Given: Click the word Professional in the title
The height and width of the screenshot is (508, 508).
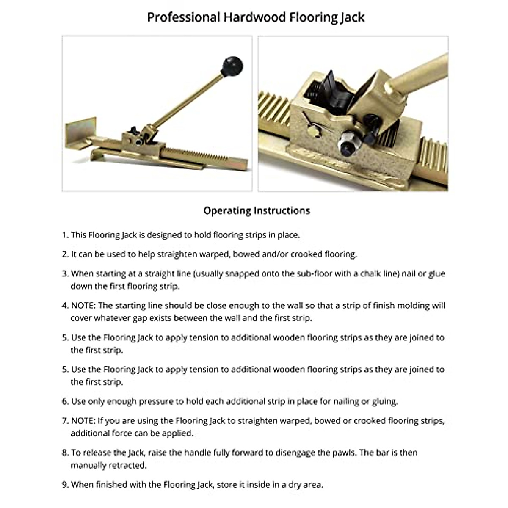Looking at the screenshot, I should click(x=183, y=17).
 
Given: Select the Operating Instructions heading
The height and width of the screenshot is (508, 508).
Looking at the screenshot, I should click(x=257, y=210).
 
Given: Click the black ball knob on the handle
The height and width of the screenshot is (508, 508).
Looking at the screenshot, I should click(x=232, y=65).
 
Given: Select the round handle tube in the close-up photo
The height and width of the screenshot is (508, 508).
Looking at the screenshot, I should click(x=419, y=76).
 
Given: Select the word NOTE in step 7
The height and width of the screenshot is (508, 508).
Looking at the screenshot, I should click(x=82, y=420).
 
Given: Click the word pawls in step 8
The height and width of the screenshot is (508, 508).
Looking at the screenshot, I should click(x=344, y=453).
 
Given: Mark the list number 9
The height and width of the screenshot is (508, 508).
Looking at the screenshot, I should click(x=65, y=484).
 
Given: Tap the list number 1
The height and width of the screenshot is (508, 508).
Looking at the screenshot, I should click(x=65, y=235).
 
